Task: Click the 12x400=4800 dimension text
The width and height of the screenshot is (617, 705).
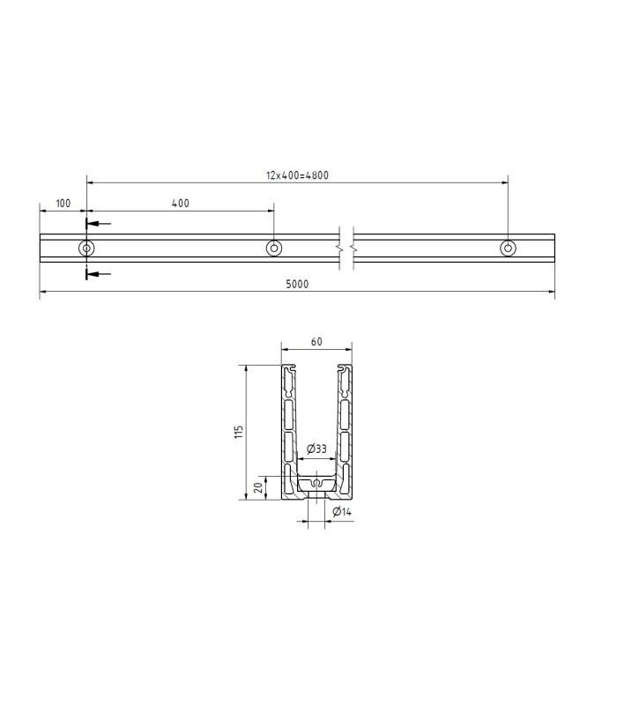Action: tap(297, 175)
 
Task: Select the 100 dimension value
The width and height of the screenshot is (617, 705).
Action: tap(63, 204)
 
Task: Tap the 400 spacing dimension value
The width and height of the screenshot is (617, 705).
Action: tap(181, 204)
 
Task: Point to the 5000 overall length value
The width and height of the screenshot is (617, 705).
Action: tap(297, 284)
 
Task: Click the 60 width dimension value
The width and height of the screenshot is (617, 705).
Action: tap(316, 342)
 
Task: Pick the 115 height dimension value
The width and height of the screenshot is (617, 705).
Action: tap(238, 432)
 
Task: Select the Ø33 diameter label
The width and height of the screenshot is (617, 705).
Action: tap(316, 449)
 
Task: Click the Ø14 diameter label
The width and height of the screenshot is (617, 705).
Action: tap(342, 512)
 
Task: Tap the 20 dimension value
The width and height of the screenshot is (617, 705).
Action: tap(258, 488)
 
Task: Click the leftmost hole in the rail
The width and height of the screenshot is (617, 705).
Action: tap(86, 249)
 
